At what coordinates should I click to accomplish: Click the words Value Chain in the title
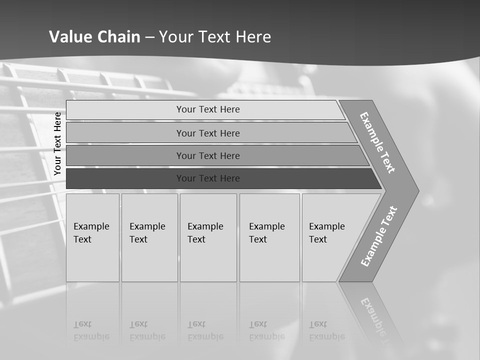click(94, 37)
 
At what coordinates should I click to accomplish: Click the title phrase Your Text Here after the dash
click(215, 37)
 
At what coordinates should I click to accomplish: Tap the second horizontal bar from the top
click(207, 133)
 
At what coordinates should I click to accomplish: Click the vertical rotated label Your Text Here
click(57, 144)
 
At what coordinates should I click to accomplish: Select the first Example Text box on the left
click(92, 237)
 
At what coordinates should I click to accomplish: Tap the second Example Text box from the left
click(149, 237)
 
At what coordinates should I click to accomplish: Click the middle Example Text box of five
click(207, 237)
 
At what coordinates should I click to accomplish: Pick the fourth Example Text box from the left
click(269, 237)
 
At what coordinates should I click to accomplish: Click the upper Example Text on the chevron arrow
click(377, 142)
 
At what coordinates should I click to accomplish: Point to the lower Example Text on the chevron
click(379, 236)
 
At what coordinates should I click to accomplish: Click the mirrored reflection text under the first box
click(91, 330)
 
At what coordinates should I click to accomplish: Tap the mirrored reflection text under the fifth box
click(327, 330)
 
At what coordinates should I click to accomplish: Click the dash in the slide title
click(150, 37)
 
